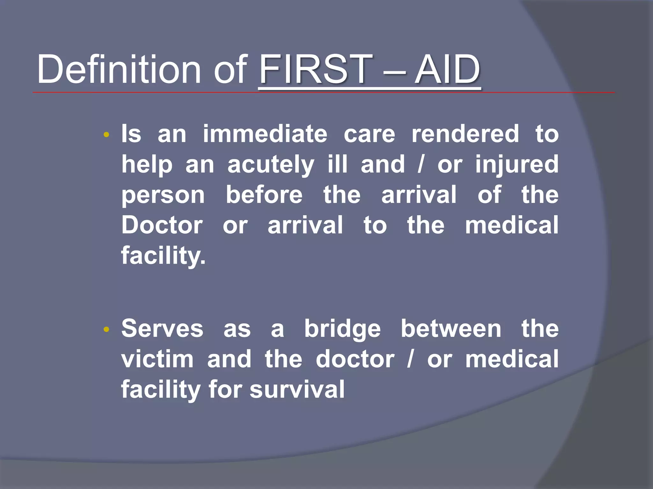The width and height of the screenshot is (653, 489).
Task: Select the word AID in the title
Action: (x=447, y=69)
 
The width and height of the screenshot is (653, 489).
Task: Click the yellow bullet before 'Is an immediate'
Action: (x=106, y=135)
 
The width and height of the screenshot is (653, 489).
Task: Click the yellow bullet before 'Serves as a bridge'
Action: (x=106, y=330)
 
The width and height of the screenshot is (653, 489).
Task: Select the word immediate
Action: (x=265, y=134)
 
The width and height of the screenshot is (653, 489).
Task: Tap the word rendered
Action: (x=465, y=134)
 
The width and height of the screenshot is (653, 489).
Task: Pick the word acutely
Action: (x=271, y=165)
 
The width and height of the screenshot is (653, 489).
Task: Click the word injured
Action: (x=517, y=165)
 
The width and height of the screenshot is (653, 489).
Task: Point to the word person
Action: (x=163, y=195)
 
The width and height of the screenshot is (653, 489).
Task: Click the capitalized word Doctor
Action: (x=162, y=225)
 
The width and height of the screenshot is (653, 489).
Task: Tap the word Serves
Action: (x=162, y=329)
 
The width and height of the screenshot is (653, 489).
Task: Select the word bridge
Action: (x=342, y=329)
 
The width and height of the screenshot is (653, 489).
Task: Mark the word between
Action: (x=451, y=329)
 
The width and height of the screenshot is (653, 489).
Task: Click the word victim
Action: (x=158, y=359)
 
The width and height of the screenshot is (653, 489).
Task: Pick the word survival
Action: (x=297, y=389)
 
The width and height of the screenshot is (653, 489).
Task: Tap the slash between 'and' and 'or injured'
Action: (x=421, y=165)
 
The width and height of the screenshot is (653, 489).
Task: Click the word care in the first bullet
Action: (x=369, y=134)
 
